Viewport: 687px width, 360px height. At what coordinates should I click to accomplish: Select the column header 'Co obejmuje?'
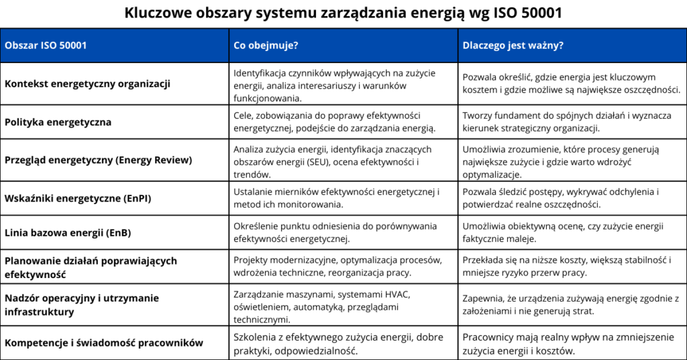(x=266, y=46)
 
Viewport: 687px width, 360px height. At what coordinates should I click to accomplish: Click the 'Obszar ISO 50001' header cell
(x=46, y=46)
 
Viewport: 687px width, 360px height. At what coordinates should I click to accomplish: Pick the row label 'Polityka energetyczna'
(x=58, y=122)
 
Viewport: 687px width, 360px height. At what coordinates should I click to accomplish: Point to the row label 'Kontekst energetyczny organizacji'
(x=87, y=84)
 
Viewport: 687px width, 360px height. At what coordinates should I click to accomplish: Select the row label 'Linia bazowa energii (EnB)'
(x=68, y=233)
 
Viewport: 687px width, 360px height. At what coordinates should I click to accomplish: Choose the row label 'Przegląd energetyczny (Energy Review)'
(x=98, y=161)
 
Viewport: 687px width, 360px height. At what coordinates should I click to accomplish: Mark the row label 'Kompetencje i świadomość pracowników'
(x=103, y=343)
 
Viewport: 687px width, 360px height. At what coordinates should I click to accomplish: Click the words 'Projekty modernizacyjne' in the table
(x=284, y=260)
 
